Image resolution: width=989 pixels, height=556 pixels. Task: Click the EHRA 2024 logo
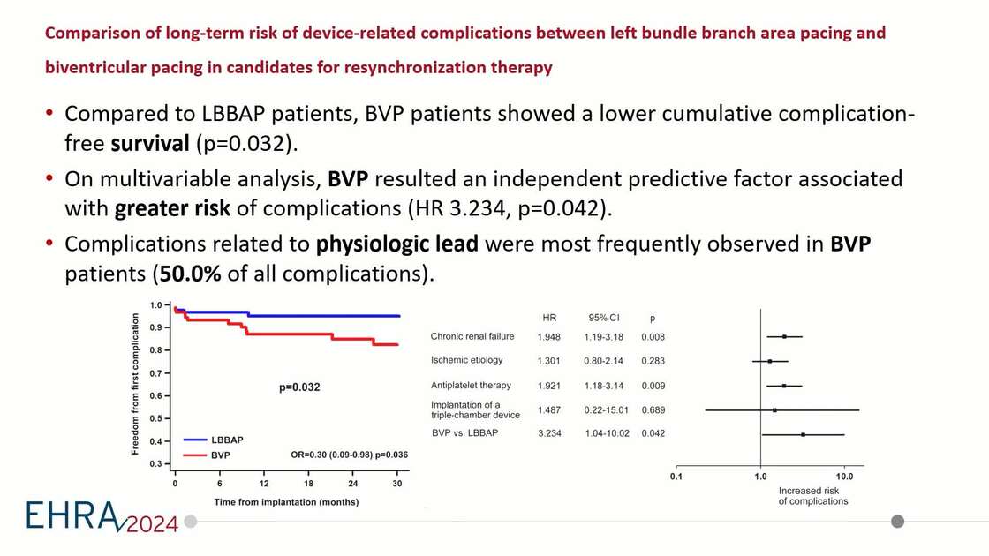point(102,517)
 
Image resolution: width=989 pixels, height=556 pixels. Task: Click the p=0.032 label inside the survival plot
point(299,387)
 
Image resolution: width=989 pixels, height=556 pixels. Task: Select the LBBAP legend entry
point(227,440)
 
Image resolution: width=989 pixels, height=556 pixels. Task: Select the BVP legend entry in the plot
point(220,455)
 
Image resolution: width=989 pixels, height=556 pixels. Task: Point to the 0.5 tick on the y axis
point(155,418)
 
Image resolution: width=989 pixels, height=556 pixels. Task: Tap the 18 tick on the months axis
point(308,484)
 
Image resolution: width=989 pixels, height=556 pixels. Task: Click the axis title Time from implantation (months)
point(286,501)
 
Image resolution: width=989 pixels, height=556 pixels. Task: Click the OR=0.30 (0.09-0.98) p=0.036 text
point(349,455)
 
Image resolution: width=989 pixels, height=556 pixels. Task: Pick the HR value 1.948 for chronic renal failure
point(549,337)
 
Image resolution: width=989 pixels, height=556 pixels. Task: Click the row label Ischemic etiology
point(466,360)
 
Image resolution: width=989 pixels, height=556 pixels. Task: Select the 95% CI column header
point(605,318)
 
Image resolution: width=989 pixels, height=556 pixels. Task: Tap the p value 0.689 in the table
point(653,410)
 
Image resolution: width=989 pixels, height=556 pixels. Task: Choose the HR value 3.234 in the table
point(549,433)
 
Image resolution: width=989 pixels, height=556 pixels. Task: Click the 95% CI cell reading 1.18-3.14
point(605,386)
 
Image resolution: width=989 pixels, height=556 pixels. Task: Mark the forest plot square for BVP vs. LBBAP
point(803,434)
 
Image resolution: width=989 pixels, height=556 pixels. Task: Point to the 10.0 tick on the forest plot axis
point(843,477)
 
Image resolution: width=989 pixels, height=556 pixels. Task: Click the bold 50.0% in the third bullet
point(190,274)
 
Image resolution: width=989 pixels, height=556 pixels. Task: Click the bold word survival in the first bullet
point(150,144)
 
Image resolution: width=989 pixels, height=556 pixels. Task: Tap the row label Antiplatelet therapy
point(471,386)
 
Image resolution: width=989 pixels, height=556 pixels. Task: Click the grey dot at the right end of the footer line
point(897,522)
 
